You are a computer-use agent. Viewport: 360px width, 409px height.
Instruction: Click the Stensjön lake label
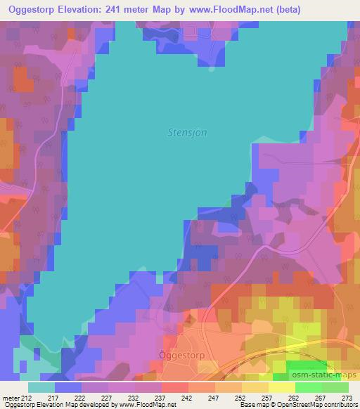(x=186, y=131)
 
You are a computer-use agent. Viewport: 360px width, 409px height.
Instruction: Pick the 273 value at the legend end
(x=348, y=397)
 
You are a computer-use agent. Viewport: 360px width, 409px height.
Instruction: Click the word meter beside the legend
(x=10, y=397)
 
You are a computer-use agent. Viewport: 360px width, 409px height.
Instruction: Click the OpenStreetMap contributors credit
(x=320, y=405)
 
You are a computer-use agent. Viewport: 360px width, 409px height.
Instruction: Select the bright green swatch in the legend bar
(x=308, y=387)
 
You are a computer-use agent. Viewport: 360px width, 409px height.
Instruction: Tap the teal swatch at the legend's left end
(x=41, y=387)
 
